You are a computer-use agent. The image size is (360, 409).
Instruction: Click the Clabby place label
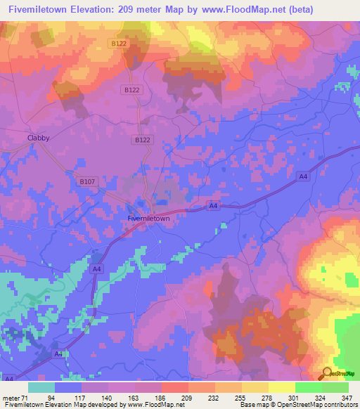click(x=38, y=138)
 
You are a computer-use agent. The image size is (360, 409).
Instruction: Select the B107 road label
click(x=86, y=181)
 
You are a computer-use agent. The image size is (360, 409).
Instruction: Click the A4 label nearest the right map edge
click(x=302, y=176)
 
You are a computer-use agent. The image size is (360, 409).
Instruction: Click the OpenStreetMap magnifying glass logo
click(x=327, y=373)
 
